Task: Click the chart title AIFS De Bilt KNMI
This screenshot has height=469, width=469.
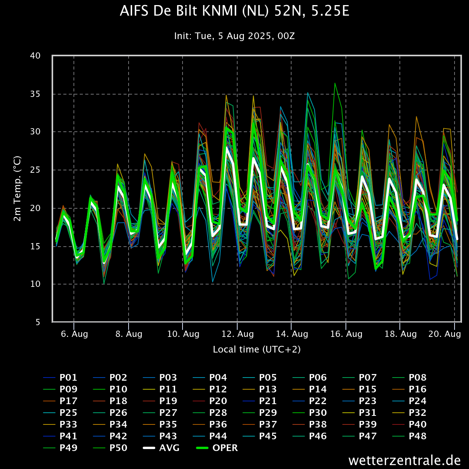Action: [234, 11]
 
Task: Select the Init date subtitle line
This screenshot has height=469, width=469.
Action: [234, 36]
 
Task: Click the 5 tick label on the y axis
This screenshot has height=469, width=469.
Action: [38, 322]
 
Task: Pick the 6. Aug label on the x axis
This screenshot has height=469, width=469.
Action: [74, 334]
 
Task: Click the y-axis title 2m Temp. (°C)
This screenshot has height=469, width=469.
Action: [18, 188]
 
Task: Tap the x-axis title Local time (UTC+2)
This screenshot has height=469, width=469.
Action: [257, 349]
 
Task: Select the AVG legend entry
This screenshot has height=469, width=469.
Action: [169, 448]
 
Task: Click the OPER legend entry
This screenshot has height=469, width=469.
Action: [225, 448]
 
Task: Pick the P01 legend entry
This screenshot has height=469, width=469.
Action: [68, 378]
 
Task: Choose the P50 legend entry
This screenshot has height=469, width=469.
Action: [118, 448]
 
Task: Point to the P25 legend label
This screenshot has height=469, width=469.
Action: [68, 413]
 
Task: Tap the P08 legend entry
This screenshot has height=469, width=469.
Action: [417, 378]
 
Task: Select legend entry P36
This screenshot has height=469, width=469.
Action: [218, 424]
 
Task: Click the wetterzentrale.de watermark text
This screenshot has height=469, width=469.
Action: [405, 460]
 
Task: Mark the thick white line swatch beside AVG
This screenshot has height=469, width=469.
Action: [149, 448]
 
